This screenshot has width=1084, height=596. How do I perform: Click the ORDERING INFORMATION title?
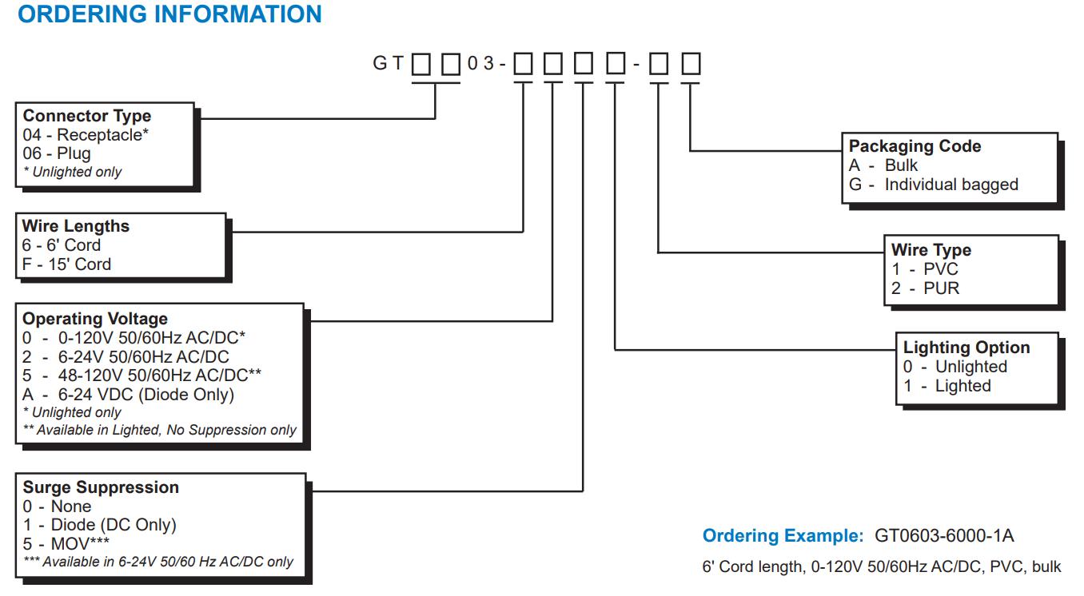click(169, 14)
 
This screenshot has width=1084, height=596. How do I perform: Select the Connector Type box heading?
click(87, 116)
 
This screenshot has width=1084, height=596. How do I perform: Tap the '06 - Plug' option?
click(57, 153)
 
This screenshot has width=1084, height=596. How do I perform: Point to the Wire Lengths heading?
click(76, 226)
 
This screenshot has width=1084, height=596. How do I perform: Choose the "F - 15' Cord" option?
click(67, 264)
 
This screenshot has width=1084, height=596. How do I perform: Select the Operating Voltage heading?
click(95, 319)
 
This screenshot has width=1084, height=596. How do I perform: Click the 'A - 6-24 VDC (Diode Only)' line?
click(129, 394)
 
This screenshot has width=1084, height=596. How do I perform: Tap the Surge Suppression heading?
click(101, 487)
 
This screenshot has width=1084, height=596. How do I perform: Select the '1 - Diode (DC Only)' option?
click(100, 525)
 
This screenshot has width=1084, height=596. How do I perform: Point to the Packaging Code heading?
click(915, 146)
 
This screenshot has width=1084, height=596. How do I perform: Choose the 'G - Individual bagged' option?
click(934, 185)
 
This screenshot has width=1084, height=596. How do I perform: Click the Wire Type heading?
click(931, 250)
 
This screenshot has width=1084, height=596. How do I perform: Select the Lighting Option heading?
click(966, 348)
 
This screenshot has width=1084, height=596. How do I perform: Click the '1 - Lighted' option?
click(947, 386)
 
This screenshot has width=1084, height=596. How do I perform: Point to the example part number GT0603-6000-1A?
click(944, 535)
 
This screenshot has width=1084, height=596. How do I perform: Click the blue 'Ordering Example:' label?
click(783, 535)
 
